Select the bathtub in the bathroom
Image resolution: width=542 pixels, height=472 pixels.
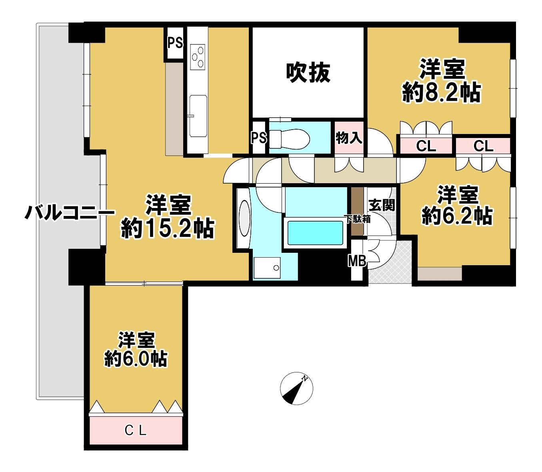[315, 233]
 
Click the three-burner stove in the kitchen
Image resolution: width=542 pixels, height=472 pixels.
[197, 56]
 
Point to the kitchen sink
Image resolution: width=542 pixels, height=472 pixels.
[198, 116]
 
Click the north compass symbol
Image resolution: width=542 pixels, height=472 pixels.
[296, 389]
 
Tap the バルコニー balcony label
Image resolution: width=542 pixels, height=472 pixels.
[70, 214]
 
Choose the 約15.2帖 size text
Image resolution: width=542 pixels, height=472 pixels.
[167, 228]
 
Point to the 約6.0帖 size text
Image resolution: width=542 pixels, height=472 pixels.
[135, 359]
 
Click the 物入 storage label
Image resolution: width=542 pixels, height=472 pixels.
[349, 138]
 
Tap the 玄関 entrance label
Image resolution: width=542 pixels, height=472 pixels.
[382, 205]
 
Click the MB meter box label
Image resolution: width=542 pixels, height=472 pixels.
[357, 261]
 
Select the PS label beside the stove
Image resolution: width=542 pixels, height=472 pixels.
[175, 43]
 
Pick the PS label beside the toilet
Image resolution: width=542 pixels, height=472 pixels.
[259, 138]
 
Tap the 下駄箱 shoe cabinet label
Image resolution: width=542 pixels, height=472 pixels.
[357, 219]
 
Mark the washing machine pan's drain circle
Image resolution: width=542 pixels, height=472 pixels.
[276, 268]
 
